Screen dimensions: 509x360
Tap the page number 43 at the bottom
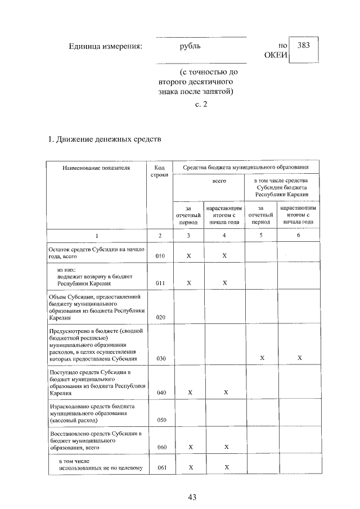[192, 497]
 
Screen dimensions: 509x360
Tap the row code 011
[160, 283]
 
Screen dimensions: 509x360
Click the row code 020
[160, 317]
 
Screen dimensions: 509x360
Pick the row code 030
[160, 358]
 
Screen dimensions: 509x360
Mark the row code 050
[160, 420]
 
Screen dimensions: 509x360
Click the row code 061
[160, 467]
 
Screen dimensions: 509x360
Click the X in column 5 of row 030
[262, 358]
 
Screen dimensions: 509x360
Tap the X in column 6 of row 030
[299, 358]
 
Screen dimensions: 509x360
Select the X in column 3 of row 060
[189, 447]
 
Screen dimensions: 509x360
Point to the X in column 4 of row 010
[224, 256]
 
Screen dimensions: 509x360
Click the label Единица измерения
[105, 46]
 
